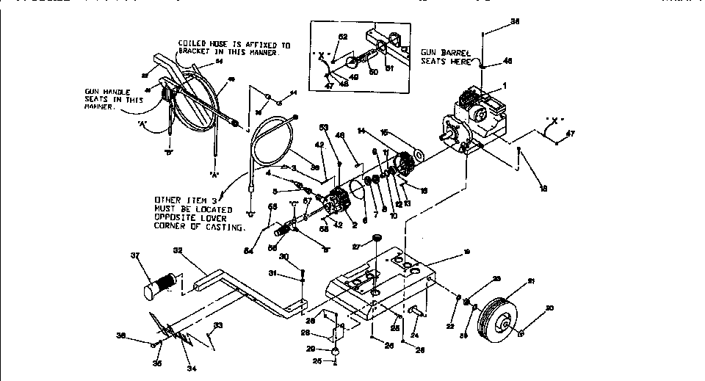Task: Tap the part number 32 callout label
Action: point(178,250)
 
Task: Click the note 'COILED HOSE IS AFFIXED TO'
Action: point(234,45)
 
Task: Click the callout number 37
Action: point(134,255)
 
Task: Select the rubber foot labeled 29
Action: point(334,352)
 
